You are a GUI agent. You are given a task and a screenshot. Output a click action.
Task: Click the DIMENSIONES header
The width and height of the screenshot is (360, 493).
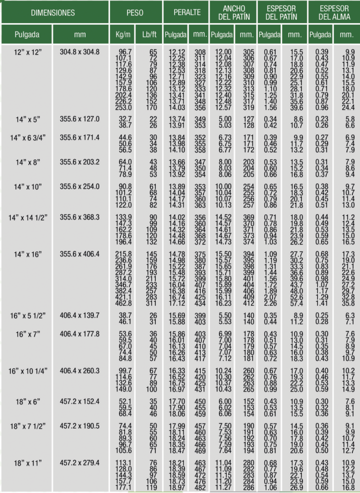pyautogui.click(x=53, y=13)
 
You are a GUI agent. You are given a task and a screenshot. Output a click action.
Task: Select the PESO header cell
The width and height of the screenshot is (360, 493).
pyautogui.click(x=135, y=13)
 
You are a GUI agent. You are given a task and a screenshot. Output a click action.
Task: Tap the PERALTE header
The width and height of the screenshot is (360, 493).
pyautogui.click(x=187, y=13)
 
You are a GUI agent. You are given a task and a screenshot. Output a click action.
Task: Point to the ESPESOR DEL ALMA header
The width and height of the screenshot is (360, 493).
pyautogui.click(x=334, y=13)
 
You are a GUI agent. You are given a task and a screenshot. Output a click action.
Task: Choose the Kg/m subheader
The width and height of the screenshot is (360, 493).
pyautogui.click(x=123, y=35)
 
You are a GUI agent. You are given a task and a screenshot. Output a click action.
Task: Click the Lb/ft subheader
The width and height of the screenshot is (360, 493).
pyautogui.click(x=148, y=35)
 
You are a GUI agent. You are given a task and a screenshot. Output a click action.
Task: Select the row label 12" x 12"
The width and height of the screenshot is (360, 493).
pyautogui.click(x=28, y=52)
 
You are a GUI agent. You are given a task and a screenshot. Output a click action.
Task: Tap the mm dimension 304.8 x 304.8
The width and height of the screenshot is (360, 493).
pyautogui.click(x=80, y=52)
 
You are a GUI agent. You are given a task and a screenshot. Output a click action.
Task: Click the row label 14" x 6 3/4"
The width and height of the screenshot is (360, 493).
pyautogui.click(x=28, y=138)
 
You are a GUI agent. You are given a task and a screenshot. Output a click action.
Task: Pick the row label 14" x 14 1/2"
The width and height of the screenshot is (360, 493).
pyautogui.click(x=28, y=218)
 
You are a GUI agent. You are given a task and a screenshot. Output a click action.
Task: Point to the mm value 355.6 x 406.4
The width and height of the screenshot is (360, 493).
pyautogui.click(x=80, y=254)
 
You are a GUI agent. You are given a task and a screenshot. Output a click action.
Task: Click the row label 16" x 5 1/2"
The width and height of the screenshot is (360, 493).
pyautogui.click(x=28, y=315)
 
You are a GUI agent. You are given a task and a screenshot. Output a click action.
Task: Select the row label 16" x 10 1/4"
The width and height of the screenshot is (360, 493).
pyautogui.click(x=28, y=370)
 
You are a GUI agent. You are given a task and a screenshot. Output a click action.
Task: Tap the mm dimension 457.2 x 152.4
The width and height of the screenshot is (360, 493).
pyautogui.click(x=80, y=402)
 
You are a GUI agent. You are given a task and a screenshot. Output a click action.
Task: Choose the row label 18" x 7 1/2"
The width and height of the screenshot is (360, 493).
pyautogui.click(x=28, y=427)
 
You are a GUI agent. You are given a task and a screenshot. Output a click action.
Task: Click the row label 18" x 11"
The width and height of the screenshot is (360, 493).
pyautogui.click(x=28, y=463)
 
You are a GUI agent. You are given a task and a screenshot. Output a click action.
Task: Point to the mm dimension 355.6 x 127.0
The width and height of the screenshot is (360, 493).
pyautogui.click(x=80, y=118)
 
